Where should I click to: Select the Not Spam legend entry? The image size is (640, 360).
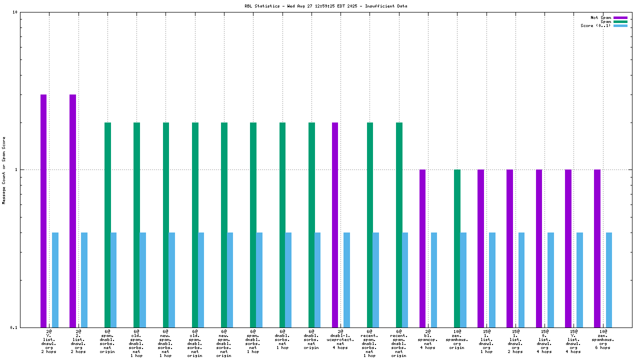[x=600, y=17]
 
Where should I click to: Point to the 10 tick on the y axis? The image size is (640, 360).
[x=15, y=12]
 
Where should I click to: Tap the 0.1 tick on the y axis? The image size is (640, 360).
[x=14, y=327]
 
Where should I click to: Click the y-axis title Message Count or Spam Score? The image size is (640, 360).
[x=4, y=170]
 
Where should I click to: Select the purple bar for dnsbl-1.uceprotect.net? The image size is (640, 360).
[x=335, y=225]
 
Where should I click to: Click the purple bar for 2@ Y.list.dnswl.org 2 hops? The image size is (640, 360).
[x=43, y=210]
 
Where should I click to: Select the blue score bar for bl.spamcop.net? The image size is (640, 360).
[x=434, y=280]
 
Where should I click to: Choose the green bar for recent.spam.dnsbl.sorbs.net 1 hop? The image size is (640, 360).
[x=370, y=225]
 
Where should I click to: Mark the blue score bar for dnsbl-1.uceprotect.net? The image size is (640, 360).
[x=346, y=280]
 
